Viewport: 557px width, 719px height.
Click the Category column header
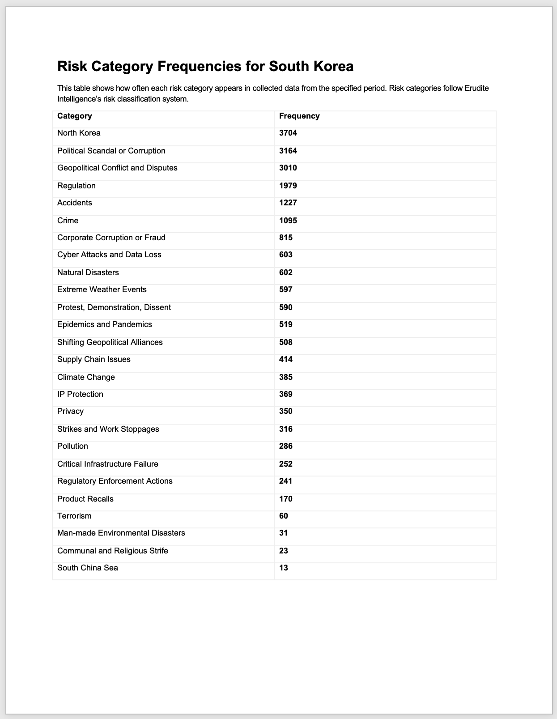pyautogui.click(x=75, y=116)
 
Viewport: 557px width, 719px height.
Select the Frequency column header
pyautogui.click(x=299, y=116)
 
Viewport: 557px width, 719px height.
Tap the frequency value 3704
pyautogui.click(x=288, y=133)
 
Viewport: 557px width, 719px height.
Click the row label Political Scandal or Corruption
pyautogui.click(x=111, y=151)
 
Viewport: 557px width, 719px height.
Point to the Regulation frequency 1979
pyautogui.click(x=288, y=186)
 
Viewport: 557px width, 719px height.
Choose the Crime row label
pyautogui.click(x=68, y=221)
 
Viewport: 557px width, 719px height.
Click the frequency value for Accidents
pyautogui.click(x=288, y=203)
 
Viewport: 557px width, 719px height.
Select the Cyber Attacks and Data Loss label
pyautogui.click(x=109, y=255)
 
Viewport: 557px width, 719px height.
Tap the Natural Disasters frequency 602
pyautogui.click(x=286, y=273)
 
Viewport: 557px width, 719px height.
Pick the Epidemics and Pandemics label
pyautogui.click(x=105, y=325)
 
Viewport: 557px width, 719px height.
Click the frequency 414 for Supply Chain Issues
pyautogui.click(x=286, y=360)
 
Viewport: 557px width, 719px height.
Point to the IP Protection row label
pyautogui.click(x=81, y=395)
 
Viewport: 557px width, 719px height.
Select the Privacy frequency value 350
pyautogui.click(x=286, y=412)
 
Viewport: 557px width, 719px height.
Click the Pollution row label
pyautogui.click(x=73, y=447)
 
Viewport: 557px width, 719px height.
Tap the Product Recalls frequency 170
pyautogui.click(x=286, y=499)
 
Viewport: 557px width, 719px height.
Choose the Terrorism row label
pyautogui.click(x=74, y=516)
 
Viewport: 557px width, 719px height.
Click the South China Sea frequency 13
pyautogui.click(x=284, y=568)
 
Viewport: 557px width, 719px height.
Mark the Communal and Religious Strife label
pyautogui.click(x=113, y=551)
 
